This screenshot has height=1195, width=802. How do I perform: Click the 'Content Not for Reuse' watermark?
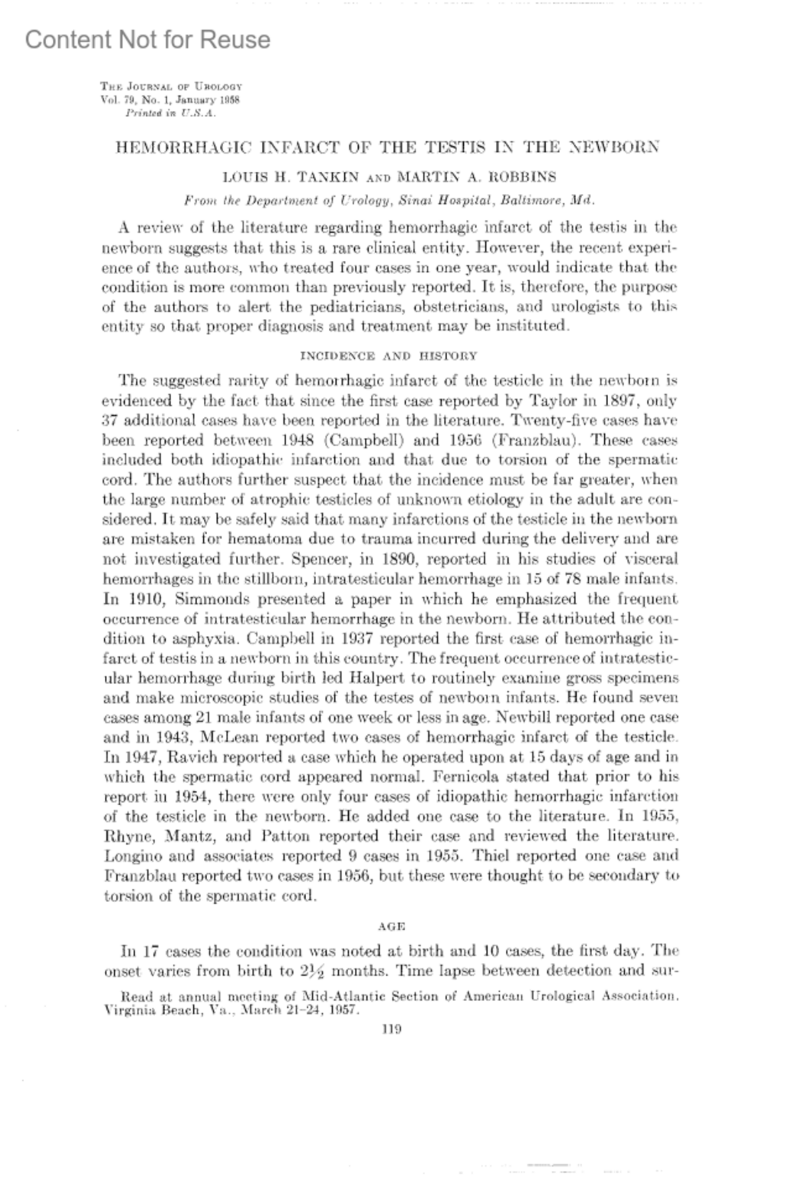coord(148,40)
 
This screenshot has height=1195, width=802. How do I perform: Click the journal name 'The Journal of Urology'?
coord(171,86)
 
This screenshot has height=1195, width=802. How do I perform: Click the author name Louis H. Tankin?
coord(291,178)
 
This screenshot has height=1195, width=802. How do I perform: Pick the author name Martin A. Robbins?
coord(477,178)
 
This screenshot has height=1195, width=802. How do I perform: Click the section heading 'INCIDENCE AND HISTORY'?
coord(389,356)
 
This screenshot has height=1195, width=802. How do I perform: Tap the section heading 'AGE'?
coord(392,926)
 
